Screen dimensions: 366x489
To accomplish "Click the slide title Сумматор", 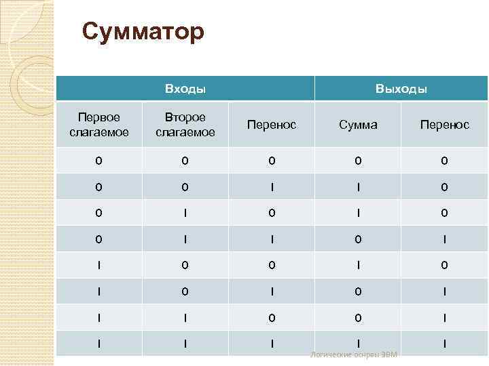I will pos(143,31).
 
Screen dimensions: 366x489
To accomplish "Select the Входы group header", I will pos(185,89).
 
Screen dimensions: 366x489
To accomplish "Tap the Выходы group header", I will pos(401,89).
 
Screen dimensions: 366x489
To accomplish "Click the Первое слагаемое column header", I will pos(99,125).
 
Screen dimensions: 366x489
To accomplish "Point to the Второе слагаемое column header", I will pos(185,125).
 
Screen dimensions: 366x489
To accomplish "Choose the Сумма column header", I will pos(358,125).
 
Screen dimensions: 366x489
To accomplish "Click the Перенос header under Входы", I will pos(272,125).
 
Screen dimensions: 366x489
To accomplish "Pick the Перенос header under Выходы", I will pos(444,125).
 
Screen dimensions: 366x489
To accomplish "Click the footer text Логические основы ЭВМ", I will pos(353,355).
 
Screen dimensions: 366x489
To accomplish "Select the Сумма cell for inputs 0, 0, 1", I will pos(358,186).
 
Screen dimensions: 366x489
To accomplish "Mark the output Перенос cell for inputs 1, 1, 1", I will pos(444,344).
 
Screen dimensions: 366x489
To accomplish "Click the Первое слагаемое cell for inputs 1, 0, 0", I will pos(99,265).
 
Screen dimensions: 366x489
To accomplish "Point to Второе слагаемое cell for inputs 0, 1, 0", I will pos(185,213).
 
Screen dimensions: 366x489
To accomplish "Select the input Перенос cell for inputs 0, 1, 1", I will pos(272,239).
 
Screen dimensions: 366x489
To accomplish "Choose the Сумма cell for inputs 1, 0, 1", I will pos(358,291).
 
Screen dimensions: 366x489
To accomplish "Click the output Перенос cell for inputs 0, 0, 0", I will pos(444,161).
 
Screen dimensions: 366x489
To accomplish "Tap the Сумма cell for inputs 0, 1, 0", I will pos(358,213).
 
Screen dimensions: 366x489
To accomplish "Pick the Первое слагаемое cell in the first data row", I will pos(99,161).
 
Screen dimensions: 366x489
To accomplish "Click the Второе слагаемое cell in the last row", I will pos(185,344).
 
